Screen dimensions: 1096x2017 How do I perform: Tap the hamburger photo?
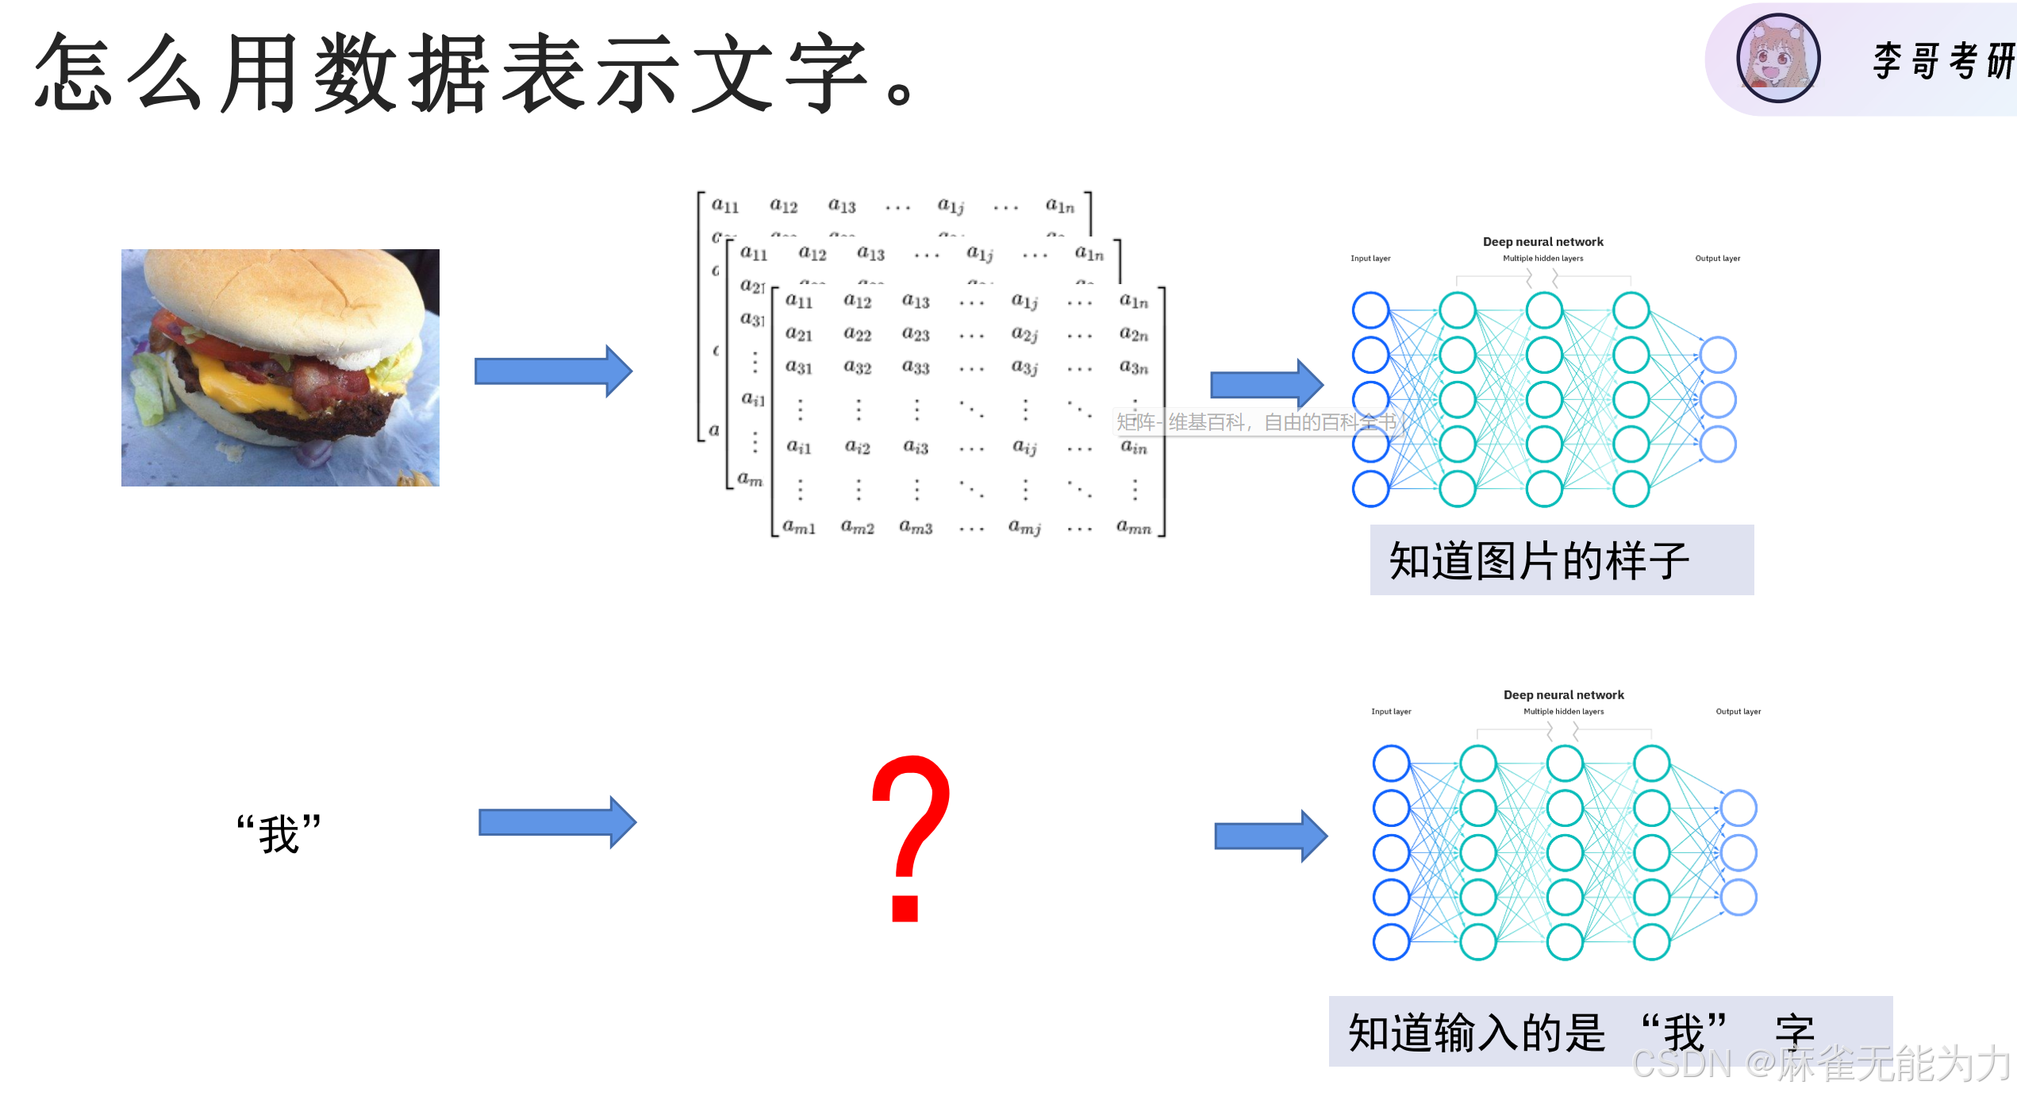click(x=280, y=367)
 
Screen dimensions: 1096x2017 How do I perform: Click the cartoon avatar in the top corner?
click(x=1777, y=59)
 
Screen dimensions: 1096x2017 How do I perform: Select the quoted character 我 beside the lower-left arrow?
click(x=279, y=833)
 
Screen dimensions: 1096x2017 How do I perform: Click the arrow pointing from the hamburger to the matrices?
click(x=553, y=371)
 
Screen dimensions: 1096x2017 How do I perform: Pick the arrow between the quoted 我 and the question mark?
click(x=557, y=822)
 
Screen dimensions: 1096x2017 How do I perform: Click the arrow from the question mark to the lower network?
click(x=1270, y=836)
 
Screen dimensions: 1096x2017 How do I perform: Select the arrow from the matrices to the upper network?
click(x=1266, y=385)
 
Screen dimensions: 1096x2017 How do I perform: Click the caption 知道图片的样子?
click(x=1539, y=561)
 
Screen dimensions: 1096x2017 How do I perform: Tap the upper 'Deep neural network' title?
click(x=1543, y=242)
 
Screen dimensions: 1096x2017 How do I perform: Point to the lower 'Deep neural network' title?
click(x=1563, y=695)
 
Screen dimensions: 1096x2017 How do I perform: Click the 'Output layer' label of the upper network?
click(x=1717, y=259)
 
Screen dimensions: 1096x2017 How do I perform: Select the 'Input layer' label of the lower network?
click(x=1391, y=712)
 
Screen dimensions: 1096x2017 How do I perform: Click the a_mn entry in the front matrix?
click(x=1134, y=527)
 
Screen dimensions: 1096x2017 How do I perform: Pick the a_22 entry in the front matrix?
click(x=858, y=334)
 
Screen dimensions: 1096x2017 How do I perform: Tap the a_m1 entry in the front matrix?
click(x=799, y=527)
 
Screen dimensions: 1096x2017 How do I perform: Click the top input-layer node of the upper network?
click(x=1370, y=310)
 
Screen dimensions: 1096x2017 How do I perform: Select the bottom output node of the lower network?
click(x=1738, y=898)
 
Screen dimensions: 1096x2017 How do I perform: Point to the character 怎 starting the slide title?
click(x=73, y=73)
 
